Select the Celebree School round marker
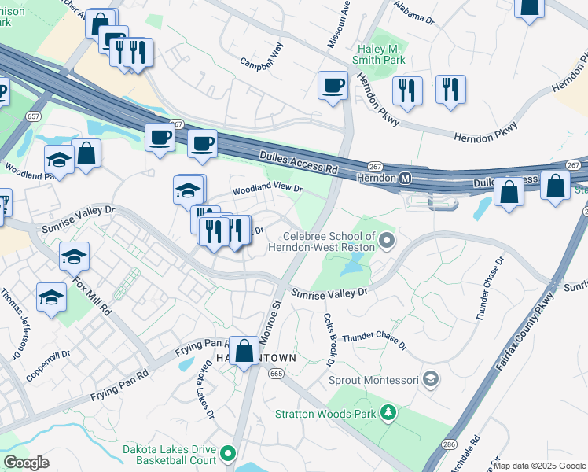click(x=386, y=239)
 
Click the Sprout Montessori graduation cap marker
click(x=430, y=379)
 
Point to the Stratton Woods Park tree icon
click(x=387, y=412)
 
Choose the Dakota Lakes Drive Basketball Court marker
click(x=228, y=453)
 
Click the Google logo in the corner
click(x=26, y=463)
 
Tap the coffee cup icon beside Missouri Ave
click(x=333, y=85)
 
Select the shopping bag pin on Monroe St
click(x=244, y=351)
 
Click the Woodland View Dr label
click(x=266, y=190)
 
